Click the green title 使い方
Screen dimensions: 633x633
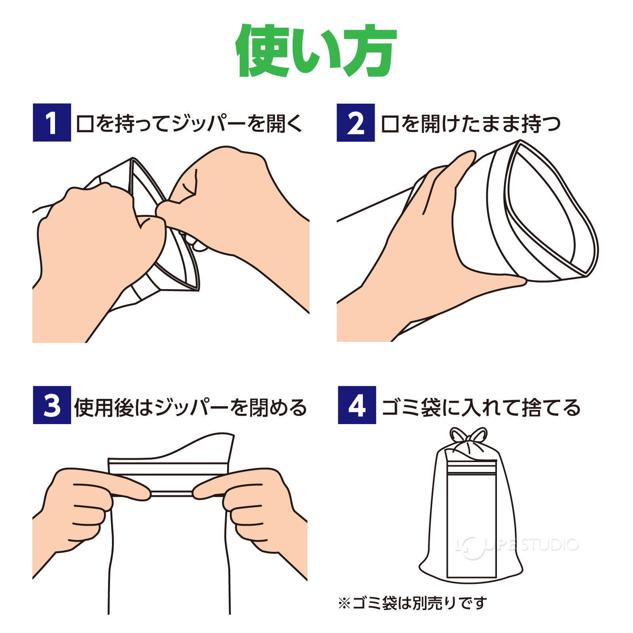click(316, 51)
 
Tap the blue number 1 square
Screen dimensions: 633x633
click(52, 123)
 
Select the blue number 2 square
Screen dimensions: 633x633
click(355, 123)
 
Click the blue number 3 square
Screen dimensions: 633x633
click(52, 405)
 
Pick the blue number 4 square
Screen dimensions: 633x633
click(356, 405)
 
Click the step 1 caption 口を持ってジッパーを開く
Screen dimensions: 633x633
click(189, 123)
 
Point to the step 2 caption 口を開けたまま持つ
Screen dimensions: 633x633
click(470, 123)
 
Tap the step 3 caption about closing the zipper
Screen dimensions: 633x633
click(190, 407)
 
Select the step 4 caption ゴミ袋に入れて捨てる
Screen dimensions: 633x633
click(480, 407)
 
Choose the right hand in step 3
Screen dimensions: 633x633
click(257, 510)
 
